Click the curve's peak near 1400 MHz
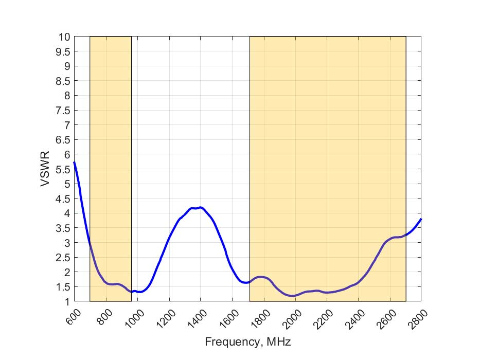[x=200, y=207]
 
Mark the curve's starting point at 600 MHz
[x=74, y=163]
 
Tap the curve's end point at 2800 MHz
[x=421, y=219]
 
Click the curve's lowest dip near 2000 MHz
[x=292, y=296]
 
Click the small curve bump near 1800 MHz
[x=261, y=277]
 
